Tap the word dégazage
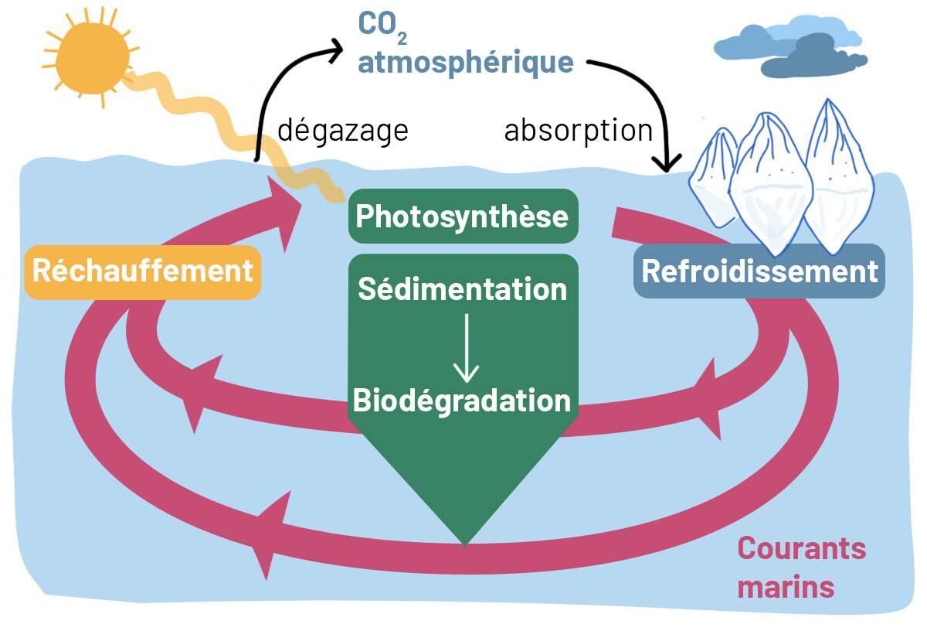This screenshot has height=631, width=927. (x=342, y=130)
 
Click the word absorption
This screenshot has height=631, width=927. (x=579, y=130)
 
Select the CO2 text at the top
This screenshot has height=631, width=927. (x=376, y=25)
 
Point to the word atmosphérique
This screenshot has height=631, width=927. (x=466, y=62)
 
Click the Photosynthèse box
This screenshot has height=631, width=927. (x=462, y=217)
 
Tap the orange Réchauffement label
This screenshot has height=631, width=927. (x=143, y=271)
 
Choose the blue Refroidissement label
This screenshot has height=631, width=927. (x=759, y=271)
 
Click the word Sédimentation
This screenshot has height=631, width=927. (x=463, y=289)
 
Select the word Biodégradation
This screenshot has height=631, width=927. (x=462, y=401)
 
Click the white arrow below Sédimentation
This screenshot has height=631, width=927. (x=465, y=348)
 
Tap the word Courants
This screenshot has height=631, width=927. (x=801, y=548)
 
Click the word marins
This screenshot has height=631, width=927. (x=786, y=586)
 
